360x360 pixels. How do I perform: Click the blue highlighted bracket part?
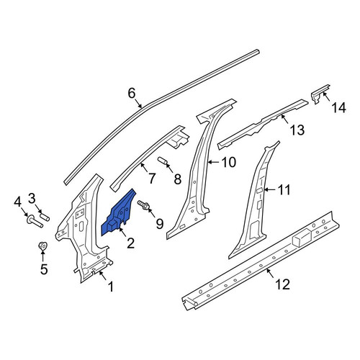pos(117,215)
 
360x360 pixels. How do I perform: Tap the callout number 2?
pos(130,243)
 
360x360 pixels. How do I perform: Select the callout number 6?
pos(132,93)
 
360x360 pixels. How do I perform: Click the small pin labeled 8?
pos(162,161)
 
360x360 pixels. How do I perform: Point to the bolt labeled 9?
pos(143,205)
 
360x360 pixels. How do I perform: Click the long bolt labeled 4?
pos(35,221)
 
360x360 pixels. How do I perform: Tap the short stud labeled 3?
pos(45,217)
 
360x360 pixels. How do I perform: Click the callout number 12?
pos(283,284)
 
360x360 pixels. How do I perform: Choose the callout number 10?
pos(229,162)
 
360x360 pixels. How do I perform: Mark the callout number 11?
pos(284,190)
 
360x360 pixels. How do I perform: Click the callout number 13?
pos(297,130)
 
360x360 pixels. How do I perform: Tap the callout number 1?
pos(111,287)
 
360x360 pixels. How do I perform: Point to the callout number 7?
pos(152,179)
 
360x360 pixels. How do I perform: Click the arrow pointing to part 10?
pos(214,163)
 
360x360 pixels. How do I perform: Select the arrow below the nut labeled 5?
pos(43,256)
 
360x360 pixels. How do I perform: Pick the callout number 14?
pos(338,107)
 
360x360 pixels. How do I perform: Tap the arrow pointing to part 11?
pos(270,190)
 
